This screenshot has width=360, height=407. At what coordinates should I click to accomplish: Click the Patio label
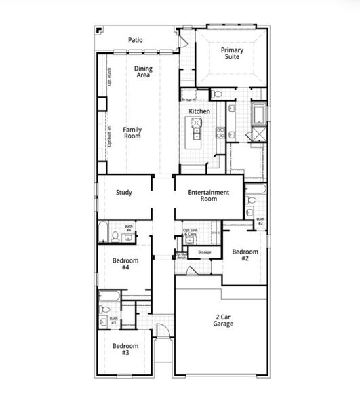136,40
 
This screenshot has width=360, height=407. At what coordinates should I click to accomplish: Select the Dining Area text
143,72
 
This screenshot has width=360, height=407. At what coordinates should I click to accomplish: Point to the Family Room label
132,132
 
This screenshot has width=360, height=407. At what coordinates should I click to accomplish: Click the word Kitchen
199,111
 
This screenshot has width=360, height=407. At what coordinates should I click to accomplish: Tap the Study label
123,193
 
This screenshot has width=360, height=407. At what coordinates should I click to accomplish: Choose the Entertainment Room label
208,196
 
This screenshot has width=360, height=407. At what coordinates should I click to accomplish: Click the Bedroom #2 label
245,255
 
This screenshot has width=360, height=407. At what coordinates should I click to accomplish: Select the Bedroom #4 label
125,265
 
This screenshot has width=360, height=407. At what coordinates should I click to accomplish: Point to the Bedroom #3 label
125,349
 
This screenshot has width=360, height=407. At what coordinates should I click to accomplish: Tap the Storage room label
204,252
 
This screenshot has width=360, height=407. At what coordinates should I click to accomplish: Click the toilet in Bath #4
116,236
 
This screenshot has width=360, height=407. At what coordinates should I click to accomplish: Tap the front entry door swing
162,332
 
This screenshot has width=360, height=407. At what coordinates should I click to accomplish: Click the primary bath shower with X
258,133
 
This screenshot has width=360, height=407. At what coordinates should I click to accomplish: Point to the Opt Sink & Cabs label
192,233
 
